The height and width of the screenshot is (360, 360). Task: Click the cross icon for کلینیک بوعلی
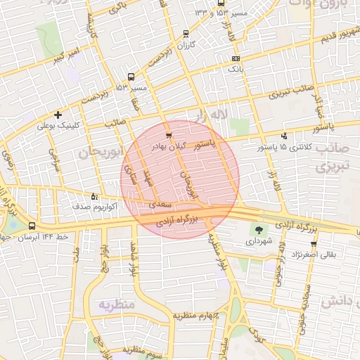(58, 114)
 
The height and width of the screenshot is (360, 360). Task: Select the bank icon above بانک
(235, 59)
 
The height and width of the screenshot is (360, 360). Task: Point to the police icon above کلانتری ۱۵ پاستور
(284, 136)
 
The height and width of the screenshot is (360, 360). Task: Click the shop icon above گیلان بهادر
(168, 135)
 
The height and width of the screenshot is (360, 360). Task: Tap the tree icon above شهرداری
(259, 229)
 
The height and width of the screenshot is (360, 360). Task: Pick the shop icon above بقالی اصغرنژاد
(314, 243)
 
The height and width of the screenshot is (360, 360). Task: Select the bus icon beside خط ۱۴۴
(32, 226)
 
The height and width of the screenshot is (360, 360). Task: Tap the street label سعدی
(160, 204)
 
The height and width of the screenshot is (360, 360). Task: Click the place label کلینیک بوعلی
(58, 126)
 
